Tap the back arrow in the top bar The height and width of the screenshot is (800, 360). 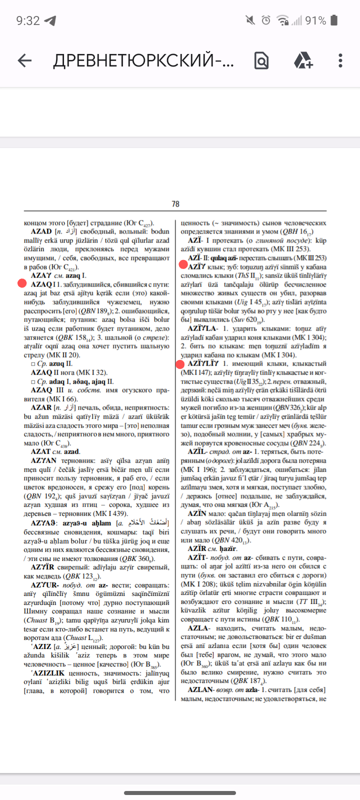coord(24,61)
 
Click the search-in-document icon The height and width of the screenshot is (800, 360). coord(261,61)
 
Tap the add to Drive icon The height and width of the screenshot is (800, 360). coord(303,61)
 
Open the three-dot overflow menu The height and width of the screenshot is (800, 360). coord(340,61)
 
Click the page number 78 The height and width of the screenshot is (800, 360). coord(175,204)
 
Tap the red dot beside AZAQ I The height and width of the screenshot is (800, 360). coord(21,283)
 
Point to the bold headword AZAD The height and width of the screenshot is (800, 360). coord(41,231)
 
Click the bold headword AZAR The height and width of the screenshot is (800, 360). coord(41,407)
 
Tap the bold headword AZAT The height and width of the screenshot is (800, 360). coord(40,451)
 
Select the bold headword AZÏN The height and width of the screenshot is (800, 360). coord(197,514)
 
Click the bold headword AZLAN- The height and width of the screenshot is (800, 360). coord(201,690)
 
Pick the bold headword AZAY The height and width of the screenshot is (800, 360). coord(41,275)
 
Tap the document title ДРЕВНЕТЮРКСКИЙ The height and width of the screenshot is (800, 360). coord(143,61)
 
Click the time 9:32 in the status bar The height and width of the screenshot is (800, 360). coord(27,20)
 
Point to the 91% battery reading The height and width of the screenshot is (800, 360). coord(315,20)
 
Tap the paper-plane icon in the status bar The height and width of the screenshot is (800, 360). coord(50,20)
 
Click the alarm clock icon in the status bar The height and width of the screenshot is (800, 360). coord(266,20)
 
